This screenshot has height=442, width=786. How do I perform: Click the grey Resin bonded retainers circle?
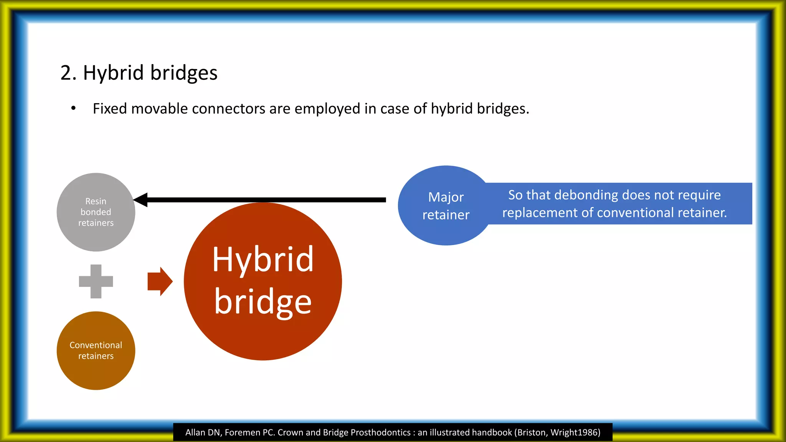(96, 212)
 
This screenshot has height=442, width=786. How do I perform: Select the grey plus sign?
(96, 281)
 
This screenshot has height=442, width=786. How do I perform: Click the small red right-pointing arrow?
(160, 281)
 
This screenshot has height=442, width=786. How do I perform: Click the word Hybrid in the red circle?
(263, 260)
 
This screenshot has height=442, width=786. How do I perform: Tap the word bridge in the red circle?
(263, 302)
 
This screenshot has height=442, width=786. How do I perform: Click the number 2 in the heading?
(66, 73)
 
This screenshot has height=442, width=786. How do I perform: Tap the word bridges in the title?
(184, 73)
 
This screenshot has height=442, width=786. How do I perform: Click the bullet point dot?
(73, 109)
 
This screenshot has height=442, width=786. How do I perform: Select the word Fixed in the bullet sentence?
(110, 109)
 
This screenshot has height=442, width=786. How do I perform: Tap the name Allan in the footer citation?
(195, 432)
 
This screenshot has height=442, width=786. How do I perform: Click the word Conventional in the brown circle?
(96, 345)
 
